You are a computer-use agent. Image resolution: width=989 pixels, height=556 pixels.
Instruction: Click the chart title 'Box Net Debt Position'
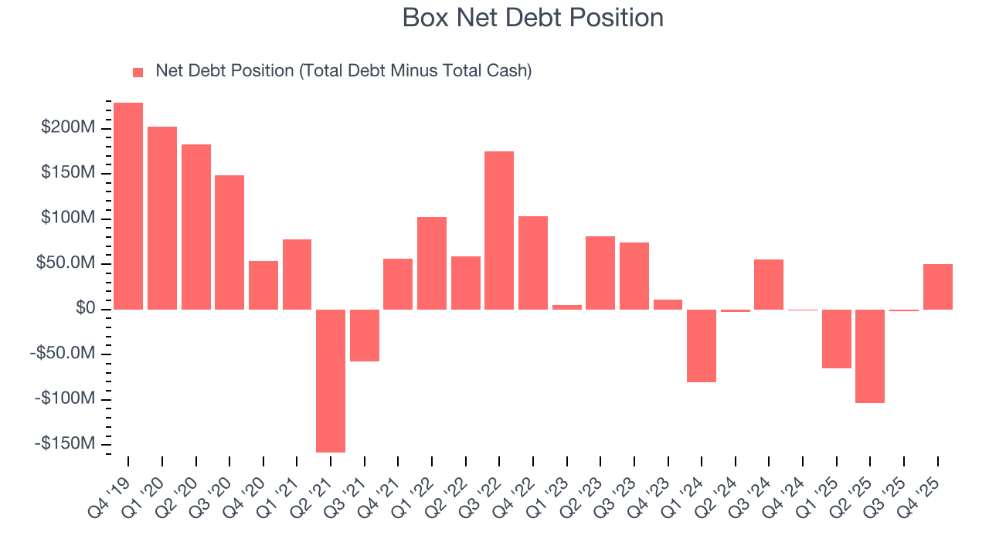(x=532, y=18)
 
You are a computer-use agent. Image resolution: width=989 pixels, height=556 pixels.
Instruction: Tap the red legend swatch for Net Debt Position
(x=138, y=72)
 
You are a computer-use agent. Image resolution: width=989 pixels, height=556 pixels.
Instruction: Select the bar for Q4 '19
(x=128, y=205)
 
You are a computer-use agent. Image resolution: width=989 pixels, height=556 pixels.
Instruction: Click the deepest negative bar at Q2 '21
(x=331, y=381)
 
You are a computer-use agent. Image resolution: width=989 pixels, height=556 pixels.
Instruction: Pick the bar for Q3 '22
(x=499, y=230)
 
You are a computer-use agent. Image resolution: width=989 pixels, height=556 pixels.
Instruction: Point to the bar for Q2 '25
(x=870, y=356)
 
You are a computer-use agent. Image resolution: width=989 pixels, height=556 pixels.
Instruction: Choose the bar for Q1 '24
(x=702, y=345)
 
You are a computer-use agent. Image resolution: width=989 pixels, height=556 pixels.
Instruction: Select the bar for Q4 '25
(x=937, y=286)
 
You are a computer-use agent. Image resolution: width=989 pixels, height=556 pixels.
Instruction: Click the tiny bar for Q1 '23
(x=566, y=307)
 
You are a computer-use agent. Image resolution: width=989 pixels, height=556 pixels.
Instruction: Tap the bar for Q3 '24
(x=769, y=284)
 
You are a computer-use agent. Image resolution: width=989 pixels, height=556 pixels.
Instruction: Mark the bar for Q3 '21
(x=365, y=335)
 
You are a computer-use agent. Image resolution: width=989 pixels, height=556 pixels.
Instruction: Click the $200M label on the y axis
(x=68, y=127)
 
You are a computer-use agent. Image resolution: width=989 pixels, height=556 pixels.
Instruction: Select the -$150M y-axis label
(x=65, y=444)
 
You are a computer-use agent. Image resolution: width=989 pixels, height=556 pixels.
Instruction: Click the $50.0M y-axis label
(x=67, y=263)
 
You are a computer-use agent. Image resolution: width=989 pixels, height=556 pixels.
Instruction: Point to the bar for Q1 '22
(x=432, y=263)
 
